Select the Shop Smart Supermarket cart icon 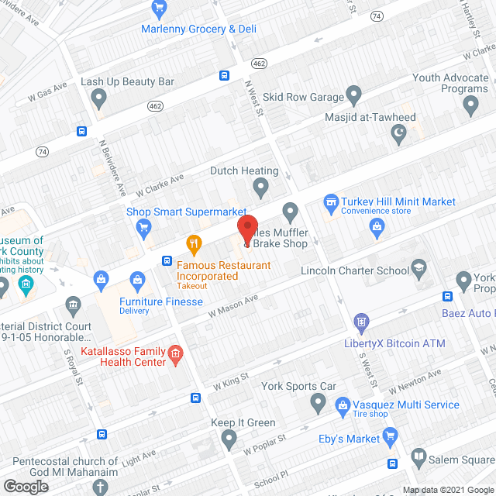[x=143, y=226]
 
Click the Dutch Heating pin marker [x=261, y=187]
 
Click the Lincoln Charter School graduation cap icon [x=419, y=267]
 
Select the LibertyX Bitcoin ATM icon [x=360, y=321]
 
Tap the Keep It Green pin [x=228, y=439]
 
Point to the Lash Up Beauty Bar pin [x=98, y=98]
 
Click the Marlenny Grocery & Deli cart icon [x=160, y=10]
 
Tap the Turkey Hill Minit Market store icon [x=331, y=201]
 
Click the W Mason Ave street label [x=232, y=307]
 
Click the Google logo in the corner [x=25, y=486]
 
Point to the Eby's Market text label [x=350, y=439]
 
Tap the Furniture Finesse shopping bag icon [x=138, y=278]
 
